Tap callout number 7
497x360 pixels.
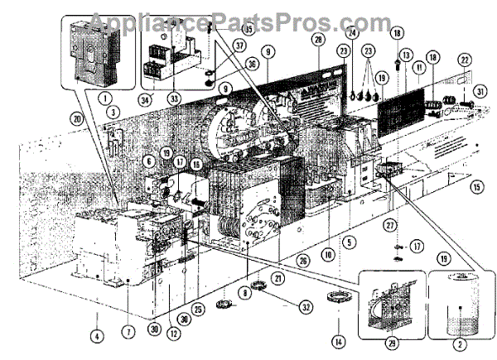point(129,333)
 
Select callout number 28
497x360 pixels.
point(319,40)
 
